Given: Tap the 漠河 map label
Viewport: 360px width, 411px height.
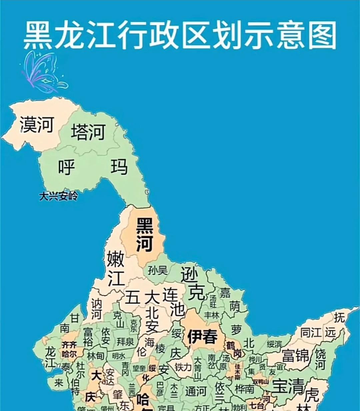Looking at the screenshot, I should tap(37, 124).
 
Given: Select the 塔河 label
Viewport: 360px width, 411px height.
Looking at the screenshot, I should tap(88, 132).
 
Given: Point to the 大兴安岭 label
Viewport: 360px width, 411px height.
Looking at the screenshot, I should tap(58, 196).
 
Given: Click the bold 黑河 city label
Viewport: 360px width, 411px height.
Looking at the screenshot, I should tap(145, 235).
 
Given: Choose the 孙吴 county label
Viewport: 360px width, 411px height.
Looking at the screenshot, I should tap(158, 270).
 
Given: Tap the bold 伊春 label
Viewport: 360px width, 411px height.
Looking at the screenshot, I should tap(202, 337).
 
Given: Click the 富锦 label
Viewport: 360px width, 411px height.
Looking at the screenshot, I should tap(296, 355).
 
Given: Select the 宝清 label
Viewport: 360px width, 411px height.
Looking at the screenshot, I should tap(288, 386).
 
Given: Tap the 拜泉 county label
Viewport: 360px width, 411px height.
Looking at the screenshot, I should tap(125, 342).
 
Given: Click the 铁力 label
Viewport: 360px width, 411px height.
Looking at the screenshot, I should tap(183, 367).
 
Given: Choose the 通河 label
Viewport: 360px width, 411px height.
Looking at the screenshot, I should tap(196, 391).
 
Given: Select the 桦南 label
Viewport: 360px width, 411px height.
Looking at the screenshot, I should tap(244, 389).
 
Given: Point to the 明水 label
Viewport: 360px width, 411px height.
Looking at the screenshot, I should tap(119, 356).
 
